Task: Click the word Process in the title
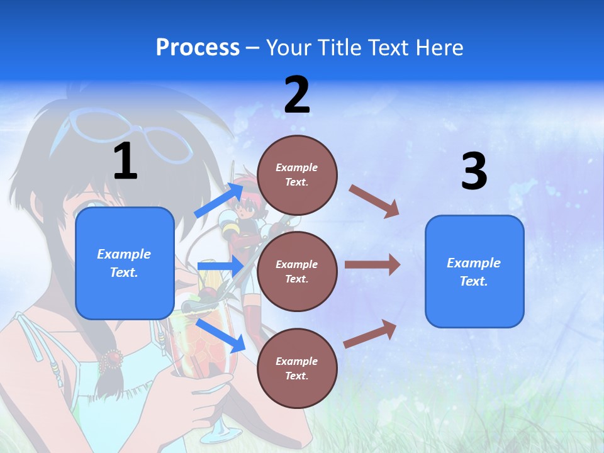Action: [198, 47]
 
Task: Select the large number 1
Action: [125, 162]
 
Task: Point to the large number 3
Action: [474, 172]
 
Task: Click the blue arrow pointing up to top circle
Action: [220, 199]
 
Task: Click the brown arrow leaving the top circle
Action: [374, 201]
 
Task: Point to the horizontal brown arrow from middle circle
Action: [372, 265]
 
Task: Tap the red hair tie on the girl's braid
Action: [112, 359]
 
